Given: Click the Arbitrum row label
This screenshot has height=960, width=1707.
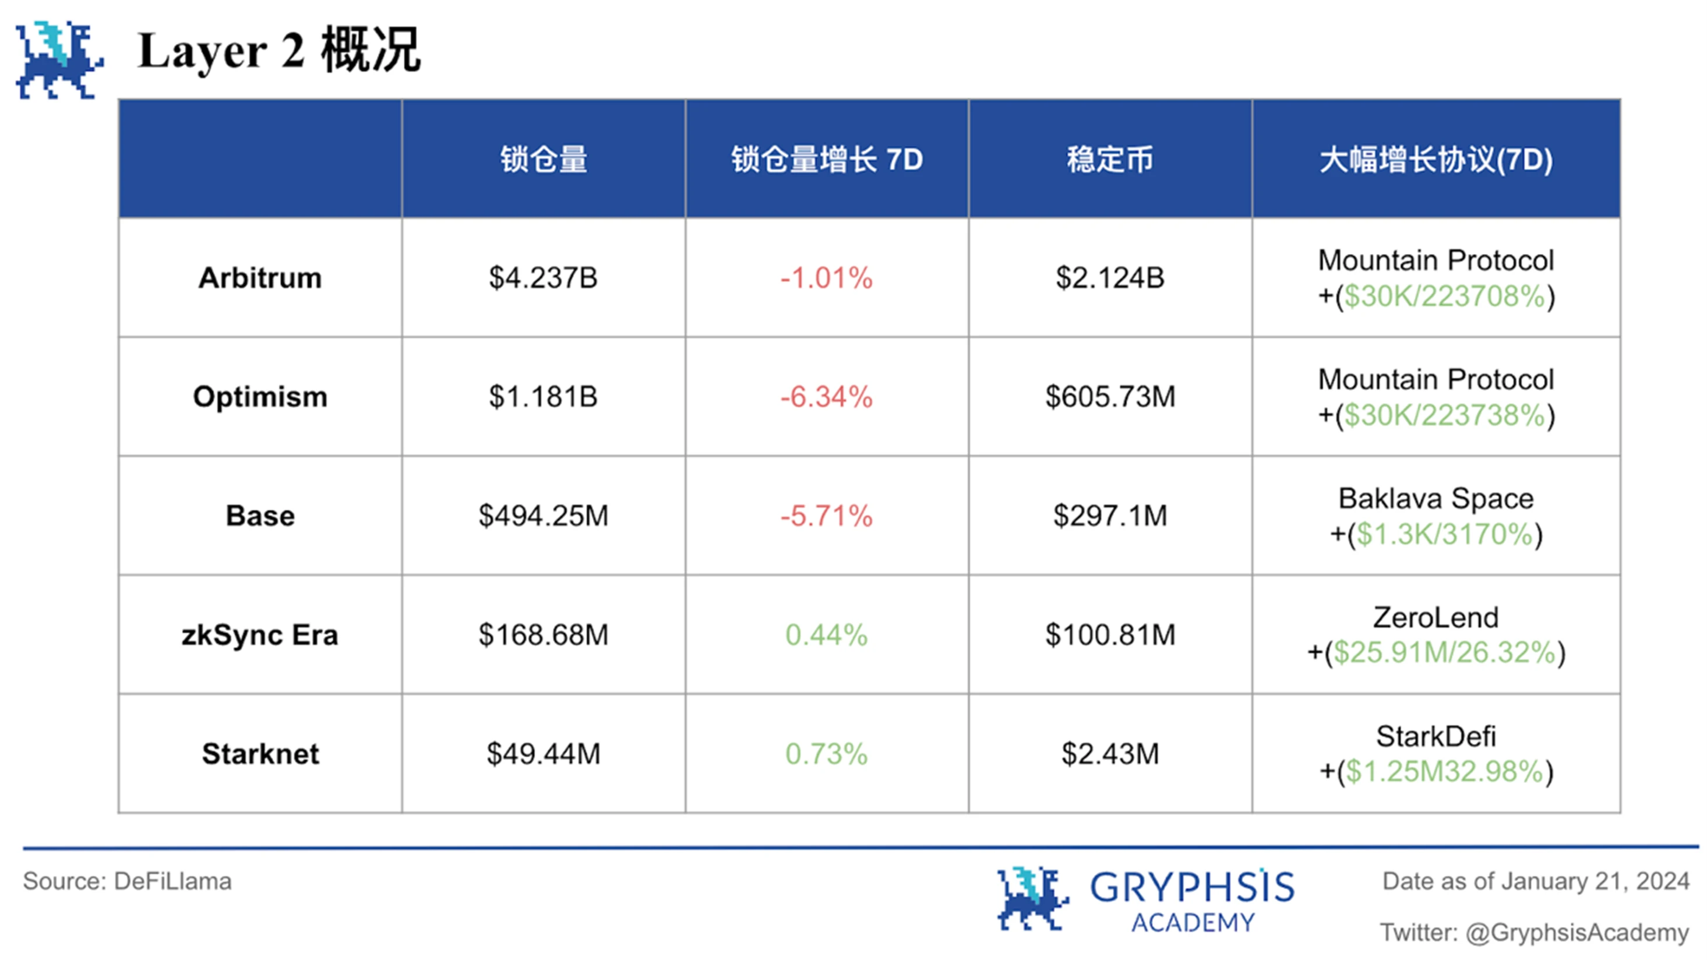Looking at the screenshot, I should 260,278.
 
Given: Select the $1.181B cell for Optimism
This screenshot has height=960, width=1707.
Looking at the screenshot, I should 543,397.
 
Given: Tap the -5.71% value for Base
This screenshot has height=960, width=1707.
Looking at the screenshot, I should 826,516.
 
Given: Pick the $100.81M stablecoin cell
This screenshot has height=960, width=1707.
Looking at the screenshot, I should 1110,635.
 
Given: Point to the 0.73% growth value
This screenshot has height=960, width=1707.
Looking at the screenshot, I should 826,754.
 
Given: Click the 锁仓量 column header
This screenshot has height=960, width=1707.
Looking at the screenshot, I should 544,160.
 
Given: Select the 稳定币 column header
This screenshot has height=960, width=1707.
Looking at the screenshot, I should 1110,160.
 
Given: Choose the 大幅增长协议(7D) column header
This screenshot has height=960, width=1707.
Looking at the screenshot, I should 1436,160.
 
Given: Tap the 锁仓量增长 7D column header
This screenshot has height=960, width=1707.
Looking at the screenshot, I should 826,160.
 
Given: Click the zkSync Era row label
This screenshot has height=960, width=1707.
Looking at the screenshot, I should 260,635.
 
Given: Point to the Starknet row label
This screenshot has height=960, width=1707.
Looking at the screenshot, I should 260,754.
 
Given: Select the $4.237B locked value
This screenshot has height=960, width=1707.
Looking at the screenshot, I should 543,278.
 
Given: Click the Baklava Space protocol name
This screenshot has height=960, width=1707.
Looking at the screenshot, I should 1436,498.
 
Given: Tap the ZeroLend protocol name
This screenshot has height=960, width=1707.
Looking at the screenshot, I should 1436,617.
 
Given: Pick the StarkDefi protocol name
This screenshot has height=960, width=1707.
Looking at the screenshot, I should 1436,736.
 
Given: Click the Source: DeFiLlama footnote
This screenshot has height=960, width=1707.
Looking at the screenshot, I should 127,881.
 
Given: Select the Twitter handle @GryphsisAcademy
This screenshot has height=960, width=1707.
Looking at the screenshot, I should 1576,932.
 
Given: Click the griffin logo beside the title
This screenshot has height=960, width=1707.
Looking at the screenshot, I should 59,59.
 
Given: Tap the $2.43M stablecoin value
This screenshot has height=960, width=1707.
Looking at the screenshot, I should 1110,754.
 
